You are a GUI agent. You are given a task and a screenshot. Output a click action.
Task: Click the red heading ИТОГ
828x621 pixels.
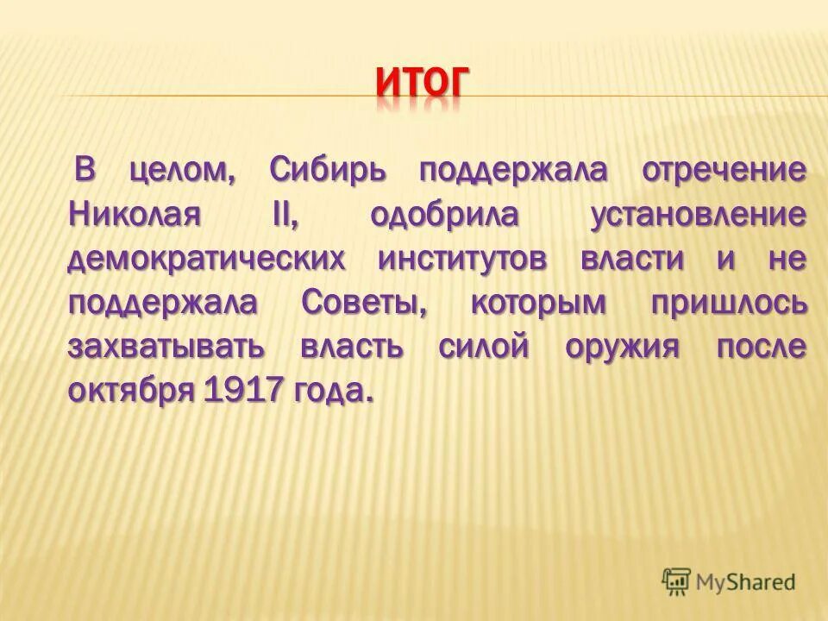[423, 85]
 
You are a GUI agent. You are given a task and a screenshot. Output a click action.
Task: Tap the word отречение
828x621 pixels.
[724, 168]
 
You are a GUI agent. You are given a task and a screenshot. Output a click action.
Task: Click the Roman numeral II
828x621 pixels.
[282, 213]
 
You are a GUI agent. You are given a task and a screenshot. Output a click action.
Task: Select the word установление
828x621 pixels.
[699, 213]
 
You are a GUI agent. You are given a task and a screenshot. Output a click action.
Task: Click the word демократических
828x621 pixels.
[206, 258]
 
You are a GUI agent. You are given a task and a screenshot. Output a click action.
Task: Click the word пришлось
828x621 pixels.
[730, 303]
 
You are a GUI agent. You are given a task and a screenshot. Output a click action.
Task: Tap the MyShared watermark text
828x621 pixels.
[746, 582]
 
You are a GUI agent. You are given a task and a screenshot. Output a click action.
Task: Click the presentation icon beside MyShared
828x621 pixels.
[677, 581]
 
